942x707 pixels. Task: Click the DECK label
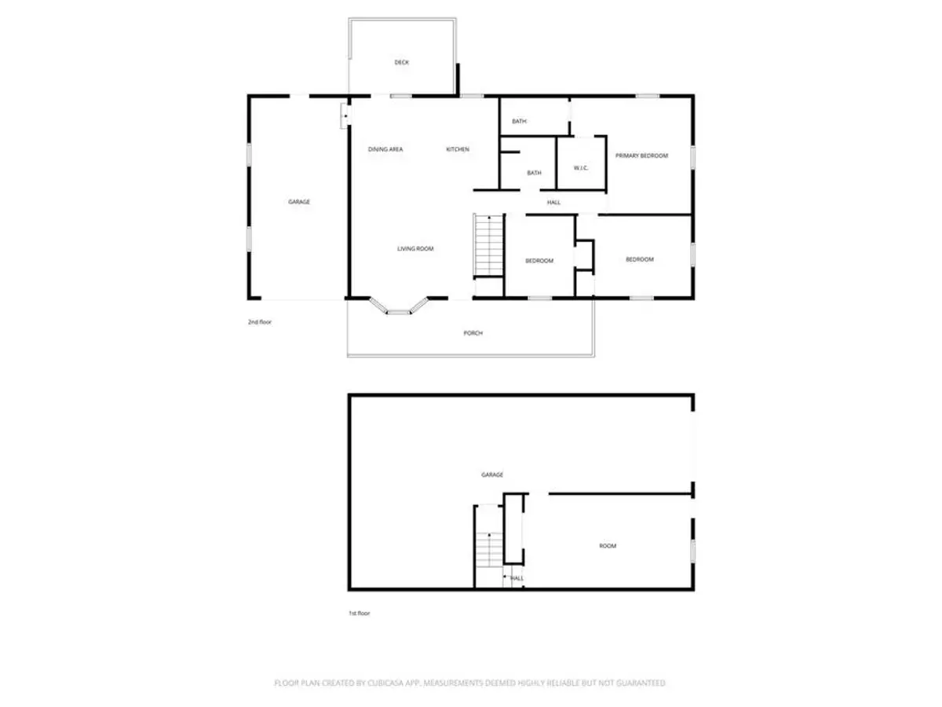tap(401, 62)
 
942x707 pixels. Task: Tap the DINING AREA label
tap(385, 149)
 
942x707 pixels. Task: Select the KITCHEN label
tap(457, 149)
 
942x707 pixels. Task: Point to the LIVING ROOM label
tap(415, 248)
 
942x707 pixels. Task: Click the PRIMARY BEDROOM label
tap(641, 156)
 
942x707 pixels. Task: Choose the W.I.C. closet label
tap(580, 167)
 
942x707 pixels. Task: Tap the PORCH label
tap(473, 332)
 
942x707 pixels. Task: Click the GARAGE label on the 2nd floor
tap(299, 201)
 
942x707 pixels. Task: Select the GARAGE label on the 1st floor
tap(491, 474)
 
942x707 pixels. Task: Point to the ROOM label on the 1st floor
tap(607, 546)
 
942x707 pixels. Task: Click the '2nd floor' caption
tap(259, 321)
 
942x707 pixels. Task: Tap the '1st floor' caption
tap(359, 613)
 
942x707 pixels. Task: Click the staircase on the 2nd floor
tap(488, 246)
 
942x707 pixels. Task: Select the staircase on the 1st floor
tap(488, 549)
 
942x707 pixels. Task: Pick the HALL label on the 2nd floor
tap(553, 202)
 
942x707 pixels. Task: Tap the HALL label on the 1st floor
tap(517, 578)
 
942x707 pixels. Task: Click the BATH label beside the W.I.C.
tap(534, 173)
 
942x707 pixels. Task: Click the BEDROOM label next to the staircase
tap(539, 260)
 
